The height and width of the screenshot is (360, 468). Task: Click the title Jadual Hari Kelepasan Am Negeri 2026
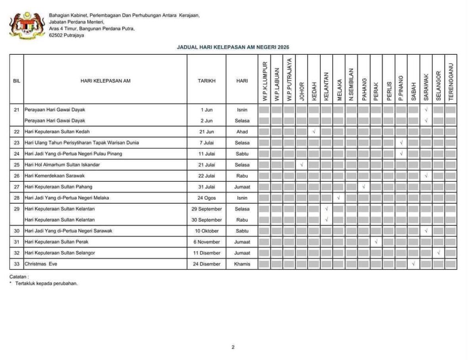[233, 47]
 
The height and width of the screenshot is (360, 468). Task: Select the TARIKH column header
[206, 80]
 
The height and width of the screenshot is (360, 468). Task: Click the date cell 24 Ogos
[206, 198]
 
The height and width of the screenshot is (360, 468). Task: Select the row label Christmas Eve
[41, 264]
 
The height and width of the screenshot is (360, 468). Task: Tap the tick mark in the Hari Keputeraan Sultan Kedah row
[314, 132]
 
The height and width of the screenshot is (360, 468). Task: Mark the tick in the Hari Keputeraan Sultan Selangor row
[438, 253]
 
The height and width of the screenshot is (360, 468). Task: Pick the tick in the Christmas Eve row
[413, 264]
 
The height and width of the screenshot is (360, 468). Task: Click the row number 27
[16, 187]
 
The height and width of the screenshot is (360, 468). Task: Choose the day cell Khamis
[242, 264]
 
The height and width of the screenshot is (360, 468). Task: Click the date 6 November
[206, 242]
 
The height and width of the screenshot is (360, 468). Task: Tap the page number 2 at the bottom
[233, 347]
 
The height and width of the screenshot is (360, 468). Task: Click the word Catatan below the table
[19, 277]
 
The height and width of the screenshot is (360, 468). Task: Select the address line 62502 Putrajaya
[66, 35]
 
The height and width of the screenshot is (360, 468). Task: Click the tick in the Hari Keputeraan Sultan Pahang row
[363, 187]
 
